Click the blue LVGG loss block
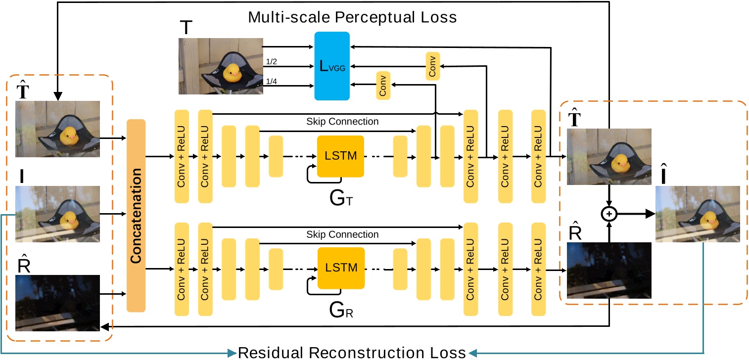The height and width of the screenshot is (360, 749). pyautogui.click(x=332, y=66)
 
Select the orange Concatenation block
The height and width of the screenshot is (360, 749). pyautogui.click(x=136, y=216)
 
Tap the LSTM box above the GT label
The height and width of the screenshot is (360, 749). pyautogui.click(x=340, y=156)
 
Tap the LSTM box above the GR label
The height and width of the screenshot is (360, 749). pyautogui.click(x=340, y=268)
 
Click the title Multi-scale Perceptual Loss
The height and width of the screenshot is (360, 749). pyautogui.click(x=352, y=17)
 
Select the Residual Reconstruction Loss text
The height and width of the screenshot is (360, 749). pyautogui.click(x=352, y=353)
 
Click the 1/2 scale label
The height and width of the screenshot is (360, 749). pyautogui.click(x=272, y=61)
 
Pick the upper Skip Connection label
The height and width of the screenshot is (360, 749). pyautogui.click(x=342, y=121)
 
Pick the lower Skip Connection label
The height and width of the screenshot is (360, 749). pyautogui.click(x=342, y=234)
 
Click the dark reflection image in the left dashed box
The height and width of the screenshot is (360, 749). pyautogui.click(x=57, y=303)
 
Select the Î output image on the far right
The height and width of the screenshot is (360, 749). pyautogui.click(x=698, y=214)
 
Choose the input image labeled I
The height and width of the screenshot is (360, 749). pyautogui.click(x=57, y=214)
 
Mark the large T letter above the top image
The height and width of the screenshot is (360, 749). pyautogui.click(x=186, y=28)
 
